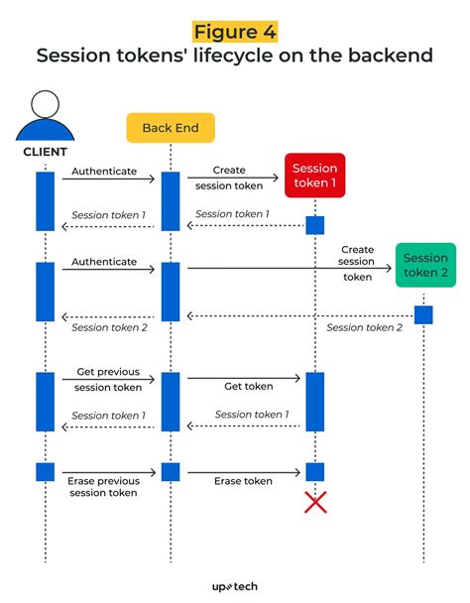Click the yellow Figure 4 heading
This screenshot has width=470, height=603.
(235, 30)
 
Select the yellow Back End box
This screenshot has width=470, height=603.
(170, 128)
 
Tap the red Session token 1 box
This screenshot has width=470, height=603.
(314, 176)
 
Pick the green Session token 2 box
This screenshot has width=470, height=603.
(424, 265)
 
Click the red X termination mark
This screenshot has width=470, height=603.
(315, 503)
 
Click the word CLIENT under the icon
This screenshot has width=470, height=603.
(46, 152)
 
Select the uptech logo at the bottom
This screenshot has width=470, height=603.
(235, 586)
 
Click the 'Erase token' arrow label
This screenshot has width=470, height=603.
(243, 481)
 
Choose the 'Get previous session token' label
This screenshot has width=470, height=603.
(108, 380)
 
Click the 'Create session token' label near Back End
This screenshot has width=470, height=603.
(229, 177)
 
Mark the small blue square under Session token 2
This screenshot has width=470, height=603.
(423, 314)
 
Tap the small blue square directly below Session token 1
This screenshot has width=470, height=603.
(315, 225)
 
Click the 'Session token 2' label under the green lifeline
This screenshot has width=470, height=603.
(364, 327)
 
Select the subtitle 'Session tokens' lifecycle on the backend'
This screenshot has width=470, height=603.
(235, 56)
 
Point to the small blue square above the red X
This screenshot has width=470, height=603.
(315, 471)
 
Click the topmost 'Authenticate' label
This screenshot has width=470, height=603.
(104, 172)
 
